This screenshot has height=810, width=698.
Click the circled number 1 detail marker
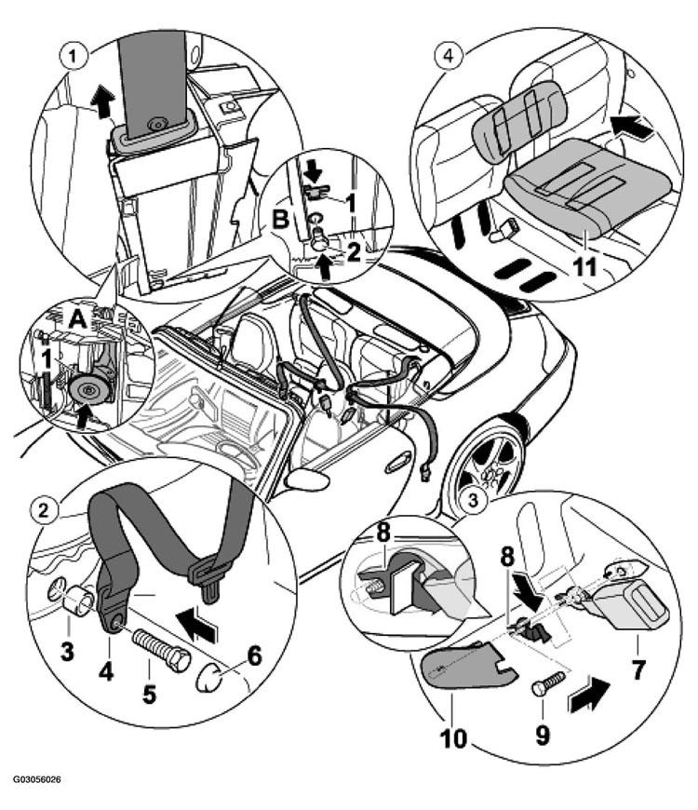(x=73, y=56)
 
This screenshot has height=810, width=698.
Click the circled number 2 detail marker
(x=44, y=511)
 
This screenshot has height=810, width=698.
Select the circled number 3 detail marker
(x=475, y=500)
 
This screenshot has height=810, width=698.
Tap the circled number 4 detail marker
(x=449, y=55)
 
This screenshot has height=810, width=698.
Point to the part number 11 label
(x=585, y=267)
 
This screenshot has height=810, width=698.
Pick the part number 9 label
(x=543, y=736)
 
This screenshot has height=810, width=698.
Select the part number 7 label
(x=638, y=670)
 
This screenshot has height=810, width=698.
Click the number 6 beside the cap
(x=253, y=656)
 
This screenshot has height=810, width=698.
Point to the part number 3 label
(x=67, y=651)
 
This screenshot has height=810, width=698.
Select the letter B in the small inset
(x=280, y=220)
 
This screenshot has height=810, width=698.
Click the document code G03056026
(x=36, y=779)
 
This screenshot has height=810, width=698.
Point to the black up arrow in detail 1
(x=102, y=102)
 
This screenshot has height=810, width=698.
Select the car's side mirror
(x=308, y=479)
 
